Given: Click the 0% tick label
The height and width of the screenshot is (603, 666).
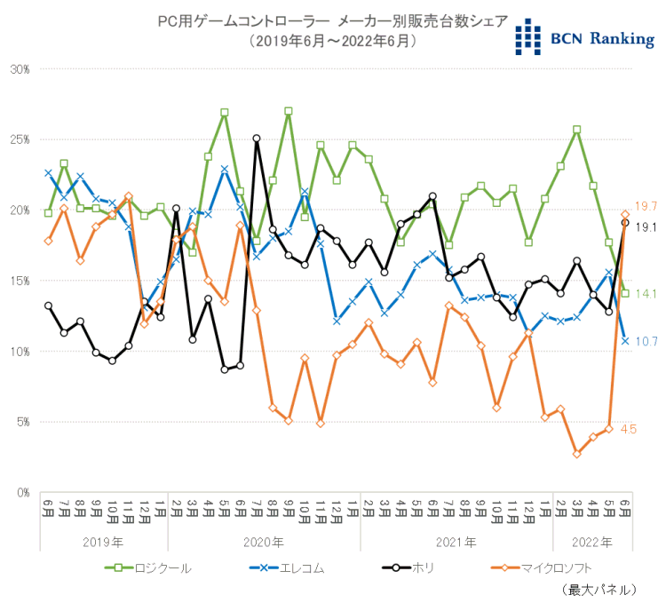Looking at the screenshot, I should pyautogui.click(x=21, y=492).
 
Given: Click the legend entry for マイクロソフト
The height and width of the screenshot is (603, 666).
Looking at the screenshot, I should pyautogui.click(x=542, y=567).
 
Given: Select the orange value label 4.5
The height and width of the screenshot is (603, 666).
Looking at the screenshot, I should pyautogui.click(x=628, y=430).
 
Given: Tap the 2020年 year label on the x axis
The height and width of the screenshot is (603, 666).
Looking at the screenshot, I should pyautogui.click(x=264, y=541).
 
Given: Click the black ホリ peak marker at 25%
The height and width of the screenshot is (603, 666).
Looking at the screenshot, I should pyautogui.click(x=257, y=139).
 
